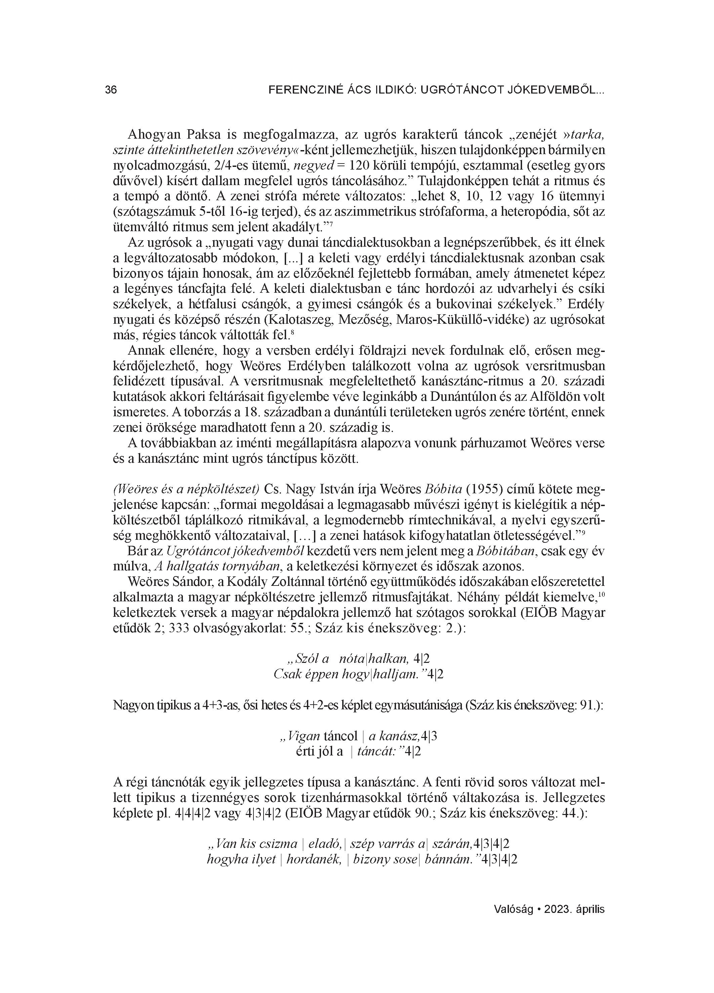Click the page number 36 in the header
(x=111, y=90)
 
